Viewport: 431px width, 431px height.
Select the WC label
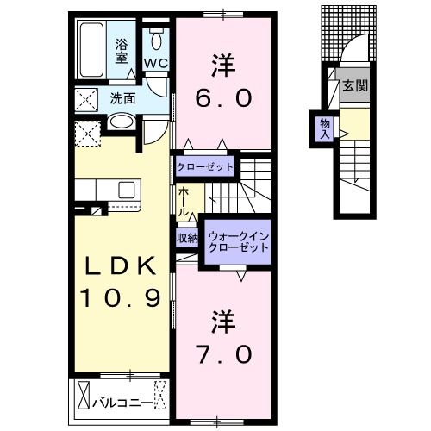click(156, 63)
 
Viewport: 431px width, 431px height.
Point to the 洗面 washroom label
click(122, 98)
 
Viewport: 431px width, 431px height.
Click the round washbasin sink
click(122, 123)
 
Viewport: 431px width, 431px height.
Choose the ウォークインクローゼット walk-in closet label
click(238, 239)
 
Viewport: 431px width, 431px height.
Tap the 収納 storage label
click(188, 238)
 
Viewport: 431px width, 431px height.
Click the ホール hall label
click(184, 202)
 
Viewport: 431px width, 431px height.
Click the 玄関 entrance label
click(354, 85)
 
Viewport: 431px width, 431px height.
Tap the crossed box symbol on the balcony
click(84, 397)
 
